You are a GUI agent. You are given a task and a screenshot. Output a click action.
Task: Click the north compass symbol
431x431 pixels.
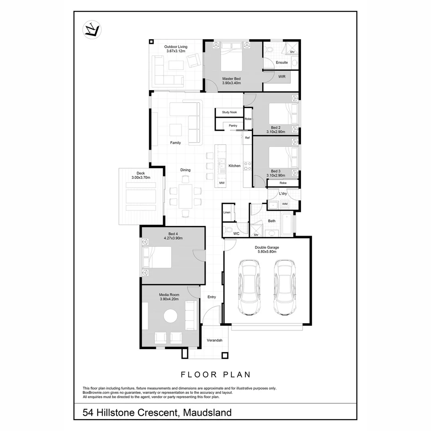pyautogui.click(x=92, y=30)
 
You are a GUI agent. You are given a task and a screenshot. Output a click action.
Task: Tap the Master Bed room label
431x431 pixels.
pyautogui.click(x=231, y=79)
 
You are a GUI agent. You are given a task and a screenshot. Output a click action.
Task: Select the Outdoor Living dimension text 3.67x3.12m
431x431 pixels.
pyautogui.click(x=176, y=51)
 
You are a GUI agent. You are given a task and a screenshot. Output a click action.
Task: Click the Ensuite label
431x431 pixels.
pyautogui.click(x=282, y=63)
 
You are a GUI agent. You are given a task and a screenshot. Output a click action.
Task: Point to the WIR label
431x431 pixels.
pyautogui.click(x=282, y=77)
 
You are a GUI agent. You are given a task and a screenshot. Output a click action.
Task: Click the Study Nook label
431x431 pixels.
pyautogui.click(x=229, y=112)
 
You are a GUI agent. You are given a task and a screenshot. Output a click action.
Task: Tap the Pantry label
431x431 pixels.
pyautogui.click(x=233, y=126)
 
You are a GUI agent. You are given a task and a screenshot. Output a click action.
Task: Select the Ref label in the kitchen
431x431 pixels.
pyautogui.click(x=247, y=138)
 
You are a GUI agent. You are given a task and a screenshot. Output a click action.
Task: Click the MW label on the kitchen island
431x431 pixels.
pyautogui.click(x=222, y=183)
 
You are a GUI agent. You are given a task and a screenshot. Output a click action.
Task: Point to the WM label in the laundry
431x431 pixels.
pyautogui.click(x=285, y=204)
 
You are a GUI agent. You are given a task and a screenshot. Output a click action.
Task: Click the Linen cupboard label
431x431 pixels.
pyautogui.click(x=227, y=212)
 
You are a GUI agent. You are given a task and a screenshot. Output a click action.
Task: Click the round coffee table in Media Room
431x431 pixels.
pyautogui.click(x=170, y=316)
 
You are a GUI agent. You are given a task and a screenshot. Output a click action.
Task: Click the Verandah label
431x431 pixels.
pyautogui.click(x=214, y=340)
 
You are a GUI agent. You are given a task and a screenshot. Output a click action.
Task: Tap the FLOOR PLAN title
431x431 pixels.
pyautogui.click(x=215, y=375)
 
